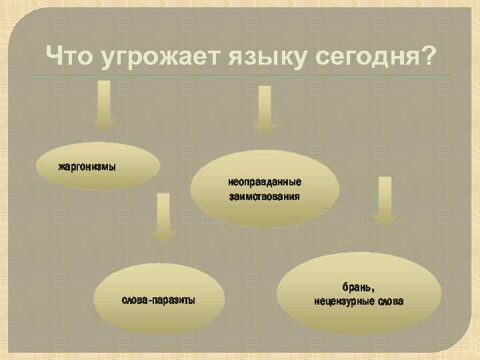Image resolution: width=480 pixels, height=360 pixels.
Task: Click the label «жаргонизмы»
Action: pyautogui.click(x=87, y=165)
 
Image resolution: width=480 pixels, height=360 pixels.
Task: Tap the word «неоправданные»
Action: pyautogui.click(x=265, y=181)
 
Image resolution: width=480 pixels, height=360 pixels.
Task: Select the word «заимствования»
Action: pyautogui.click(x=265, y=197)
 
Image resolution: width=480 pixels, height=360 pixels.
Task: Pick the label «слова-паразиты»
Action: pyautogui.click(x=159, y=301)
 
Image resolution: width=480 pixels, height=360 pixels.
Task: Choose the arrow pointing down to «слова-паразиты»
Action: pyautogui.click(x=163, y=217)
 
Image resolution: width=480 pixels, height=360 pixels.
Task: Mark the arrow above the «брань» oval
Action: pyautogui.click(x=384, y=200)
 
